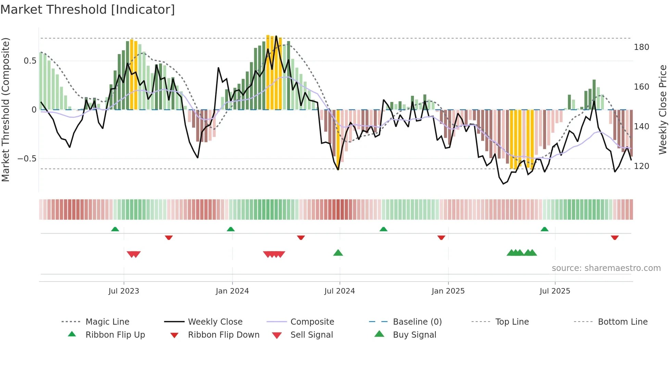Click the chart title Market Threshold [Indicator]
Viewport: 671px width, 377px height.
(x=88, y=10)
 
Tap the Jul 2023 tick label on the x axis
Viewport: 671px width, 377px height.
(x=124, y=291)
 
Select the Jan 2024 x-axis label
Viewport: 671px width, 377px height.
(x=232, y=291)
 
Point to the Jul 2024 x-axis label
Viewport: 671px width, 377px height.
(x=339, y=291)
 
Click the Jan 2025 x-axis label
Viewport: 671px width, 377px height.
(x=448, y=291)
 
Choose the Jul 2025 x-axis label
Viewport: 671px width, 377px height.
(x=555, y=291)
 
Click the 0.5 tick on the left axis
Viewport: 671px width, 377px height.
(x=30, y=61)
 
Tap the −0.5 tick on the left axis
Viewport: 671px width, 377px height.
(x=27, y=159)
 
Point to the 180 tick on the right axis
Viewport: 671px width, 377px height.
(x=641, y=47)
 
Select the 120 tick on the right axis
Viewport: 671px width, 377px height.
(x=641, y=166)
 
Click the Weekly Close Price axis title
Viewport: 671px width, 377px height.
(x=663, y=109)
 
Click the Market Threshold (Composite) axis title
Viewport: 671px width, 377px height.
(x=5, y=109)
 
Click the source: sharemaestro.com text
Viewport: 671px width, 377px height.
(x=606, y=268)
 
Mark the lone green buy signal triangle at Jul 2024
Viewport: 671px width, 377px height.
(x=338, y=253)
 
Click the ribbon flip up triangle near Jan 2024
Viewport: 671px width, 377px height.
(x=231, y=229)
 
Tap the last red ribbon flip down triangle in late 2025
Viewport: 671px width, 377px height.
(x=615, y=237)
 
